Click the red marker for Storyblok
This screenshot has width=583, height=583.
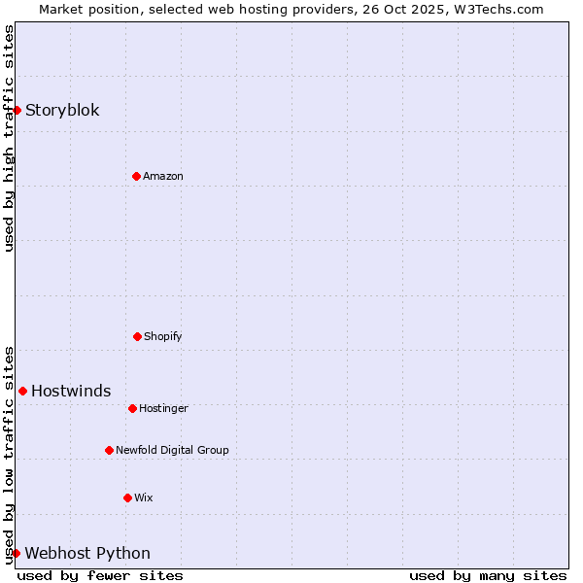point(17,110)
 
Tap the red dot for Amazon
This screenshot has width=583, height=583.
point(136,176)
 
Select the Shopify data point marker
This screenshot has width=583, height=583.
point(137,336)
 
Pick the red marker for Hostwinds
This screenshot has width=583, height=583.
point(22,391)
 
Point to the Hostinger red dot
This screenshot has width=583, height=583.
point(132,408)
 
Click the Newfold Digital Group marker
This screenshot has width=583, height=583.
point(109,450)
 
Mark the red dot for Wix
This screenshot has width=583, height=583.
point(127,497)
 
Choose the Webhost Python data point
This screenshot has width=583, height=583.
point(17,553)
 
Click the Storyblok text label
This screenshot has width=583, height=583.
point(62,110)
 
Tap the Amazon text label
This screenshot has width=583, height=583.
point(163,176)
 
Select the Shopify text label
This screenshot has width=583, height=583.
point(163,336)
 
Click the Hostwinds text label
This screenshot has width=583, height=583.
point(71,391)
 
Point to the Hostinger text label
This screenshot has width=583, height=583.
point(163,408)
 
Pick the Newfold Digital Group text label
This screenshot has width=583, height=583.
point(172,450)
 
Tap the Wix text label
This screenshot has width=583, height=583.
point(144,497)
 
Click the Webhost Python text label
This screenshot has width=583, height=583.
point(87,553)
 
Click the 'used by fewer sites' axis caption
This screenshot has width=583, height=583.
point(100,575)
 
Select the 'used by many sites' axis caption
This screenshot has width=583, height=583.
point(488,575)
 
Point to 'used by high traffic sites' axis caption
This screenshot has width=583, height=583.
point(9,138)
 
